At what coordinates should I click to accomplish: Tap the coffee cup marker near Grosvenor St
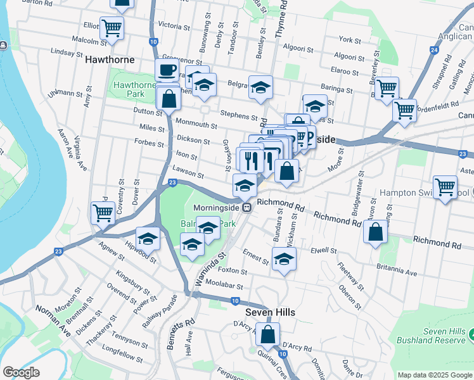click(167, 70)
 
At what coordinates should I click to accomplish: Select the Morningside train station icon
click(250, 206)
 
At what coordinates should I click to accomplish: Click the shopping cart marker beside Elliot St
click(112, 27)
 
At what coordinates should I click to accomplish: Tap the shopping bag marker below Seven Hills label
click(268, 335)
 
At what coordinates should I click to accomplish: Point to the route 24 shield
click(433, 48)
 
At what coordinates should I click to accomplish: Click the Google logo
click(21, 372)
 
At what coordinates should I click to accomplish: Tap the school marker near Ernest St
click(285, 258)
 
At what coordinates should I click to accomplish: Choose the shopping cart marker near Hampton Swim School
click(445, 187)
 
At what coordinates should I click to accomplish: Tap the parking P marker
click(309, 136)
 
